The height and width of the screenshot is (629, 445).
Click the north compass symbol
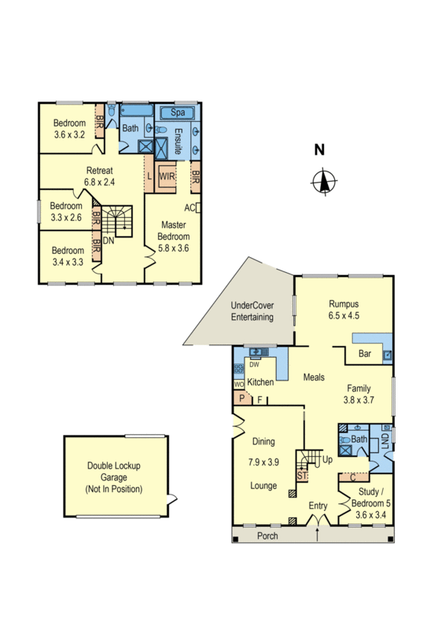[x=322, y=181]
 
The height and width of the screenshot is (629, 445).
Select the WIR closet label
[x=167, y=177]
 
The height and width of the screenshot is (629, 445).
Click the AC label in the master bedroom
[x=189, y=208]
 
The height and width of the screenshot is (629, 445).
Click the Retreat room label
[x=99, y=171]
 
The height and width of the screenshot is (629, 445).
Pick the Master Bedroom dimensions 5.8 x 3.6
[x=174, y=248]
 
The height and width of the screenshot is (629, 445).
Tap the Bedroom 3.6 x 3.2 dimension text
[x=69, y=135]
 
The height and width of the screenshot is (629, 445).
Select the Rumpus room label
[x=344, y=304]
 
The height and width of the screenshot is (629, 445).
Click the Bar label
[x=365, y=355]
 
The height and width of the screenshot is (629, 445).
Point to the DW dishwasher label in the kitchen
[x=254, y=364]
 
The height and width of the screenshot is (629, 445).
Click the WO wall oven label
[x=238, y=384]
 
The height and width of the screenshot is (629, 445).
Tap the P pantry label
[x=243, y=399]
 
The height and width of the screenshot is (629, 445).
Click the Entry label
[x=318, y=506]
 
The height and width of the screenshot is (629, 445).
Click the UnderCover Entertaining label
[x=252, y=311]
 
